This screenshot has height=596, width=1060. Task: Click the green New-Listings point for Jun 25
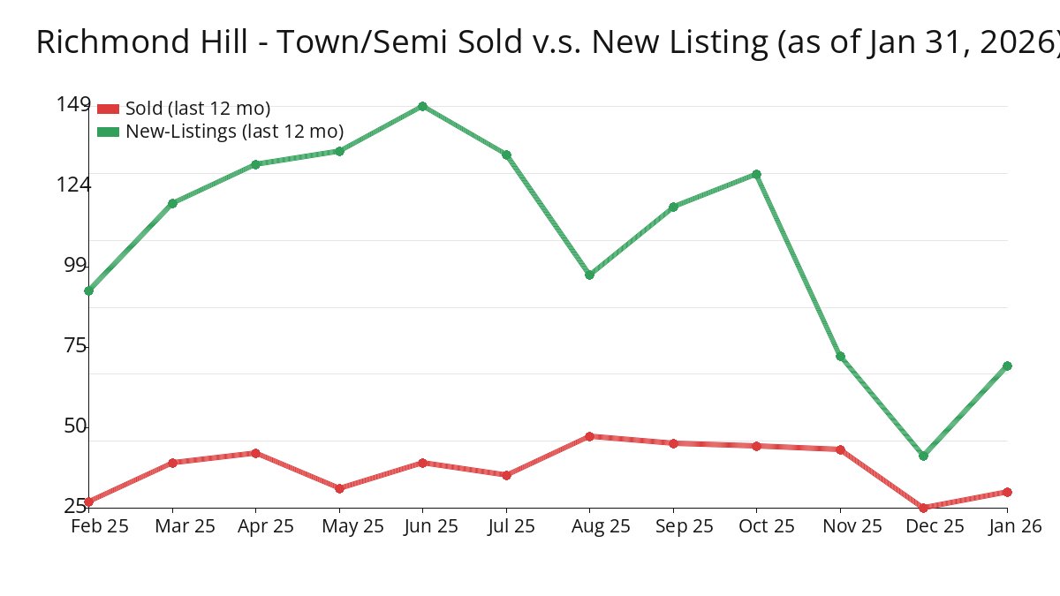[422, 106]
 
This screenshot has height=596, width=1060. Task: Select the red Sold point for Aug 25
[589, 436]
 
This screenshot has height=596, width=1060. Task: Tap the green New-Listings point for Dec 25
[923, 456]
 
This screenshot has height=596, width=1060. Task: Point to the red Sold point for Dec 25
[923, 508]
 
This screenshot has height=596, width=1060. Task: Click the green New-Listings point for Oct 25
[756, 174]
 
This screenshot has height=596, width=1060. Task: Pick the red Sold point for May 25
[339, 488]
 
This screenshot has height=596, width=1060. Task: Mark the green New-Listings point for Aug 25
[589, 275]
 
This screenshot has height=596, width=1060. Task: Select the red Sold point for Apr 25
[255, 453]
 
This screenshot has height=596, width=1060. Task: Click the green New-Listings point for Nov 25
[840, 357]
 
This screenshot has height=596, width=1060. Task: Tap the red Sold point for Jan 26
[1007, 492]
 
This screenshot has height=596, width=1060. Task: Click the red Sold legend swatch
[108, 109]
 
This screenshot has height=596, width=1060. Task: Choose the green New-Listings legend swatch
[108, 132]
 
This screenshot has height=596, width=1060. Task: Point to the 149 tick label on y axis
[72, 104]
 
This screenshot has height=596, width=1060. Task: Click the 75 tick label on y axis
[76, 345]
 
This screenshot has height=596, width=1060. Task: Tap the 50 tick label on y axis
[76, 426]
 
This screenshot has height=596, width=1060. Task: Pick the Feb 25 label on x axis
[100, 526]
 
